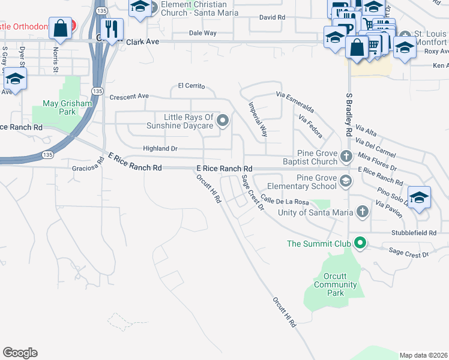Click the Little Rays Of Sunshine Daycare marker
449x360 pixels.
223,121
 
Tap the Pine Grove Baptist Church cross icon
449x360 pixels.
346,157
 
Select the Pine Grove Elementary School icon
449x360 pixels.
345,181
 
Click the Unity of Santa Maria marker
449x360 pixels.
361,211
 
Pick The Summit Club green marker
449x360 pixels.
360,243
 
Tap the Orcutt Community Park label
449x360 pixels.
336,285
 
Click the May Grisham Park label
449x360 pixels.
67,107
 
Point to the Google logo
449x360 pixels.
20,353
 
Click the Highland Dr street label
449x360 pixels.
160,148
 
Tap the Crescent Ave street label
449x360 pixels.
128,96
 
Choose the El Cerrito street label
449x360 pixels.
191,86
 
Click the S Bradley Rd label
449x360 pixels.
348,114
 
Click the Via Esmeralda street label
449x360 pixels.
295,102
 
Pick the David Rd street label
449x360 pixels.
272,17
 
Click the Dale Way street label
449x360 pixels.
202,33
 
